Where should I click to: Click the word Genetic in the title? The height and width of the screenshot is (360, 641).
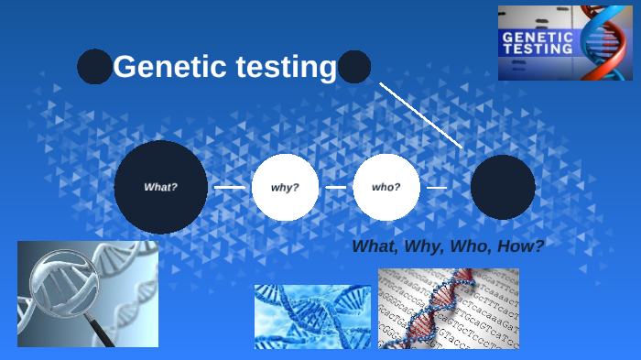164,68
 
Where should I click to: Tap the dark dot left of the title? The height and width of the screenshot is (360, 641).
94,67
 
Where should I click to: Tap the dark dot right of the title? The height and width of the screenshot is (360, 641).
354,67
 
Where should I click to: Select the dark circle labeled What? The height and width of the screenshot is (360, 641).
160,187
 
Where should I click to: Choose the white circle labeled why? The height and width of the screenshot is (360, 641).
285,187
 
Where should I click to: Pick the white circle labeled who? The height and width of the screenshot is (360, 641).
386,187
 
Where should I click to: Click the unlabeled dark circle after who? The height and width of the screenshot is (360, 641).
503,187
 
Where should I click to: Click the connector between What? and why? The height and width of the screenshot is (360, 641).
230,187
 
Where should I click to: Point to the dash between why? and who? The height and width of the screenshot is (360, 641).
335,187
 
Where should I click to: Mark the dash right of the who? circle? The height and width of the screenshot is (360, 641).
437,187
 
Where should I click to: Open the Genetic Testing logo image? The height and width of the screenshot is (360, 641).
565,43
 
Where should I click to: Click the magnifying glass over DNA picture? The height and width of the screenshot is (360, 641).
88,294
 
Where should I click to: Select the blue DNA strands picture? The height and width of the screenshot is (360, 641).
312,316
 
